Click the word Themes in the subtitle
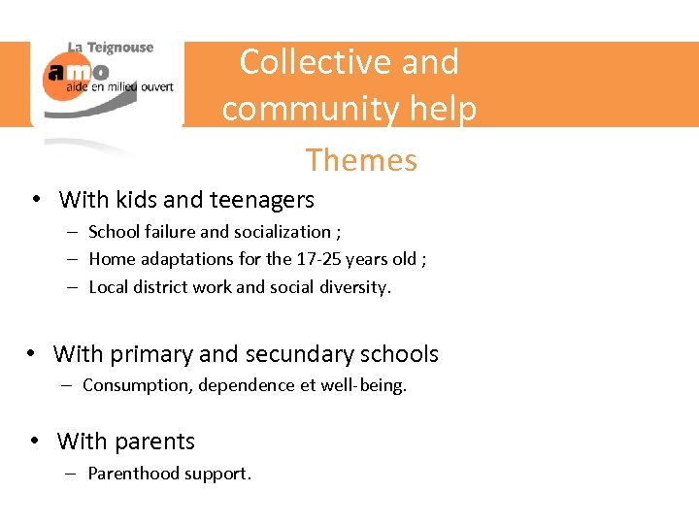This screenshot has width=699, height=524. point(361,160)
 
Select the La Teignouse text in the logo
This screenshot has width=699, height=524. point(110,48)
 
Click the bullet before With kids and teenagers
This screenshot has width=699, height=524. point(35,200)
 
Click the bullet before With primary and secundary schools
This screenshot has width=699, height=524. point(32,354)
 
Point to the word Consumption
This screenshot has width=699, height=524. point(137,385)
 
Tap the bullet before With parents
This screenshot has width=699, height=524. point(35,442)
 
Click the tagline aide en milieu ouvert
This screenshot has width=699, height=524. point(119,87)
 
